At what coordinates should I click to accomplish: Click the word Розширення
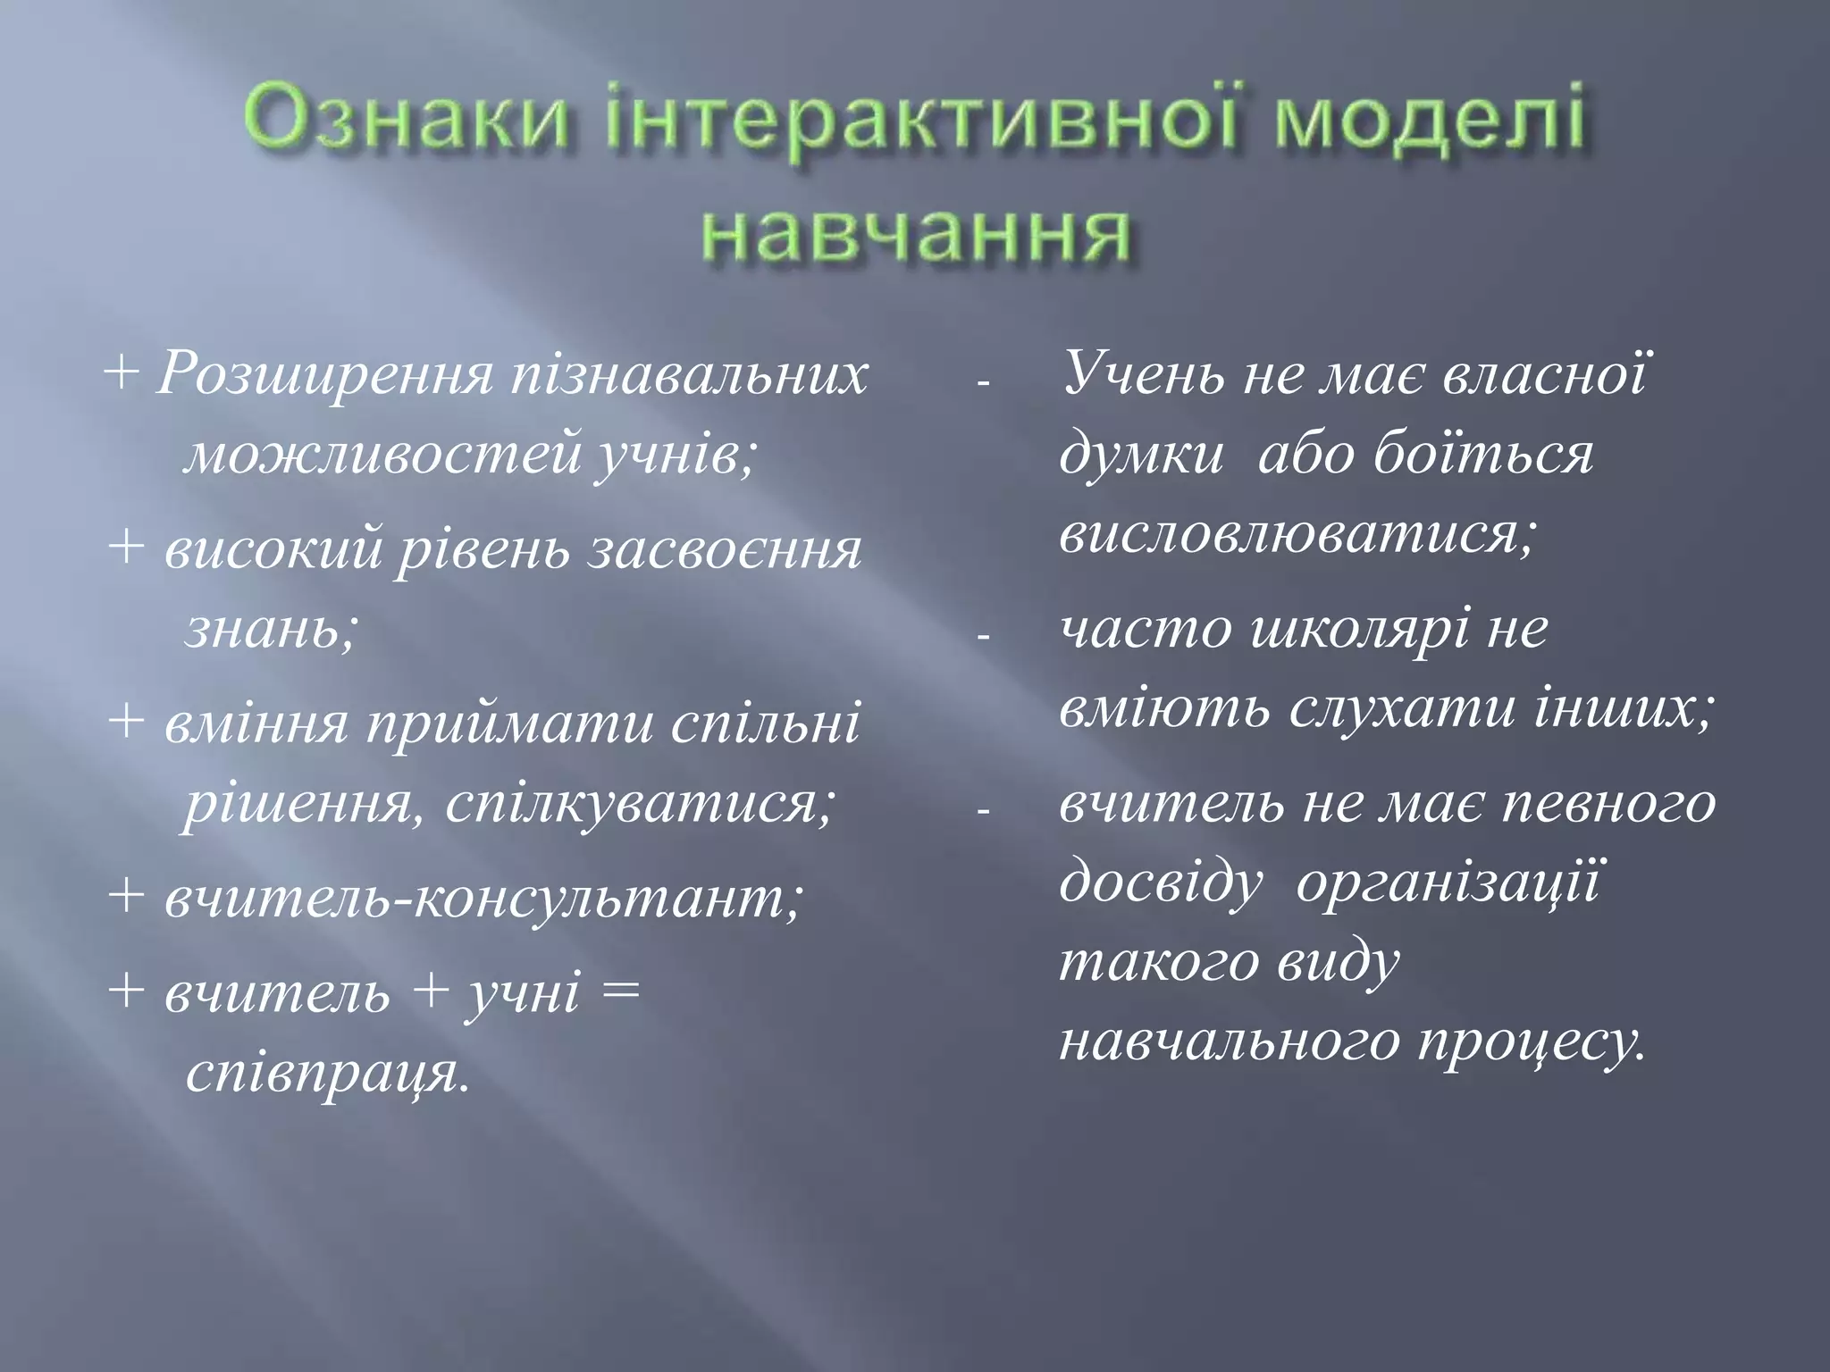(323, 376)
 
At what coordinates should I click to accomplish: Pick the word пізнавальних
(688, 376)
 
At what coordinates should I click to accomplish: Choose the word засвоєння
(725, 548)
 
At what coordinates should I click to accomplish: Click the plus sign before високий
(127, 547)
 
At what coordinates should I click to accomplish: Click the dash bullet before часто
(984, 638)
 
